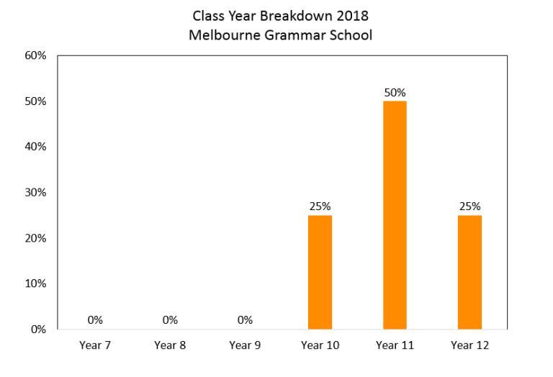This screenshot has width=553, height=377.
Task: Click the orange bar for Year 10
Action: tap(320, 272)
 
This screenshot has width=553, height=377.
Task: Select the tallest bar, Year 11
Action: tap(395, 215)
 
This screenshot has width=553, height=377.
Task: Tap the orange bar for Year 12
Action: tap(469, 272)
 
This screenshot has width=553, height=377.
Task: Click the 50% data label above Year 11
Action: tap(395, 93)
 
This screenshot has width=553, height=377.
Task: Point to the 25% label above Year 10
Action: tap(320, 206)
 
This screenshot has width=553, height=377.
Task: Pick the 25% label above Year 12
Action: tap(469, 206)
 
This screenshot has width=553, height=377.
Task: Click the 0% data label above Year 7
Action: tap(95, 320)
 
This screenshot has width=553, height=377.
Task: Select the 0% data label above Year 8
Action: tap(170, 320)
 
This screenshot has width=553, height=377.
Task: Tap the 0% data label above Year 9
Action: tap(245, 320)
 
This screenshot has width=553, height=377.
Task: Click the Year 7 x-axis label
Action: tap(95, 345)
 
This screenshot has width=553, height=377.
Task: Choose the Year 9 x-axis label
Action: tap(245, 345)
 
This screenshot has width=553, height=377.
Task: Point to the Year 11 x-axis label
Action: tap(395, 345)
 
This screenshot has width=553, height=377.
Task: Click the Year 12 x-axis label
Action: tap(469, 345)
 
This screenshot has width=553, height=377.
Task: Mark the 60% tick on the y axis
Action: tap(35, 55)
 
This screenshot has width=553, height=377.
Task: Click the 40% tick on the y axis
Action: tap(35, 147)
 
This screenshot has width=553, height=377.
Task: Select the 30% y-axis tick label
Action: tap(35, 192)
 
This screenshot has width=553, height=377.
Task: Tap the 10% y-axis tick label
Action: tap(35, 283)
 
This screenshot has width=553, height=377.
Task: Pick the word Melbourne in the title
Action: tap(225, 35)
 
